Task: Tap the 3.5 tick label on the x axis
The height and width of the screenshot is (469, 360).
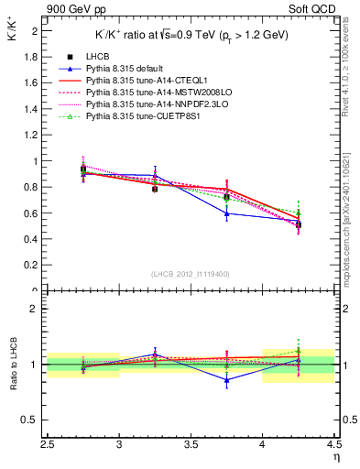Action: [191, 446]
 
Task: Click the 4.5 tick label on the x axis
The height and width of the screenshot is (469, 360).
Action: [333, 446]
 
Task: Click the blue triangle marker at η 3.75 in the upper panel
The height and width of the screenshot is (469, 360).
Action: [226, 213]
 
